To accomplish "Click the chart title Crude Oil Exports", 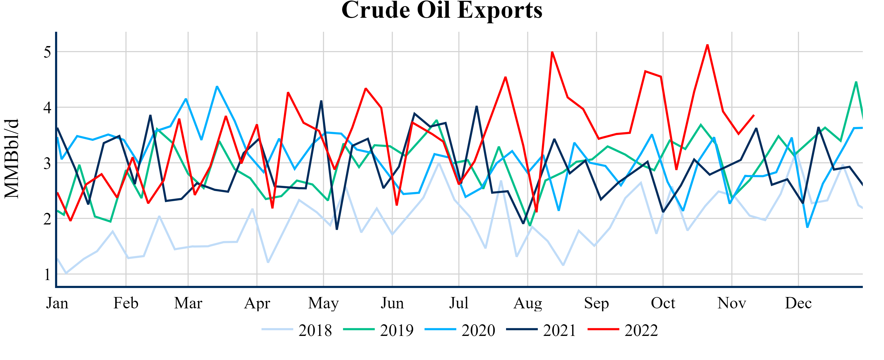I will point(442,10).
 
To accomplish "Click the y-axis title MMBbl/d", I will point(12,159).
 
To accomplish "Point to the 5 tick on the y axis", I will point(47,52).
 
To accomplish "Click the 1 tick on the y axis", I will point(47,274).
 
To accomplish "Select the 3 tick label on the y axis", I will point(47,163).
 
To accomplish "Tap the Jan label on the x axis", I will point(57,303).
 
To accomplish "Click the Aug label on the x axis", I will point(527,303).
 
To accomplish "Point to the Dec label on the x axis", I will point(798,303).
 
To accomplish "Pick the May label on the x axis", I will point(323,303).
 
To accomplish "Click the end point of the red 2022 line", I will point(754,115).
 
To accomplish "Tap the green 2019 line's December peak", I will point(856,82).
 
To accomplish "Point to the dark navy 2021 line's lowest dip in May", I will point(337,229).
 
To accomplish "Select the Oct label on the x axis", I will point(663,303).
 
